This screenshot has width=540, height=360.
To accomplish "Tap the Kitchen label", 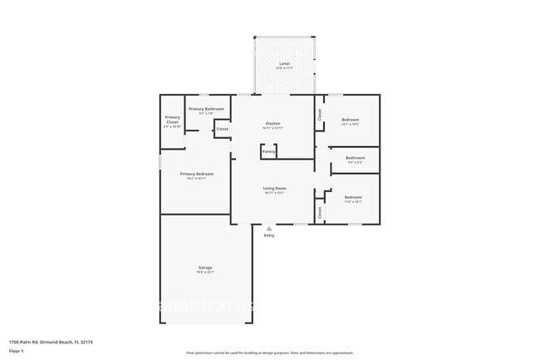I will pyautogui.click(x=273, y=123).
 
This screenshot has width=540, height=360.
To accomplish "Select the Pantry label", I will pyautogui.click(x=268, y=151).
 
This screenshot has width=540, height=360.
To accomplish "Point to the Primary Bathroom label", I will pyautogui.click(x=206, y=109).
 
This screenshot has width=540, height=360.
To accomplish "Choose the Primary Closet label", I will pyautogui.click(x=172, y=120).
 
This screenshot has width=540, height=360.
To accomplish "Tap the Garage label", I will pyautogui.click(x=205, y=267).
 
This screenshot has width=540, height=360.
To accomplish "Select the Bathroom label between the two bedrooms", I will pyautogui.click(x=356, y=157).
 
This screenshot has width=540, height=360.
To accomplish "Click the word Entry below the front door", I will pyautogui.click(x=269, y=236).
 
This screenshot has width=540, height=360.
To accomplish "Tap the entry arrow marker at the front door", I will pyautogui.click(x=268, y=227).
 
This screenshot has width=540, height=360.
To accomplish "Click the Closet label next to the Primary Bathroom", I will pyautogui.click(x=223, y=129).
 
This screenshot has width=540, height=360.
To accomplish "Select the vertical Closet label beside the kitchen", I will pyautogui.click(x=320, y=115).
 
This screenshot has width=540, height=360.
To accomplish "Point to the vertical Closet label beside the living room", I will pyautogui.click(x=320, y=212).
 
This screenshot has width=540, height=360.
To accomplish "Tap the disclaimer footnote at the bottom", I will pyautogui.click(x=269, y=353).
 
